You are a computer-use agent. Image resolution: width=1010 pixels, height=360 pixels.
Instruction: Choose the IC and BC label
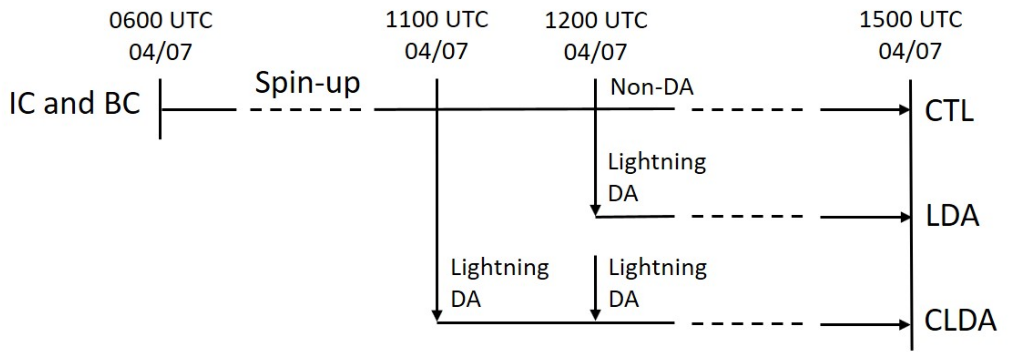click(x=75, y=103)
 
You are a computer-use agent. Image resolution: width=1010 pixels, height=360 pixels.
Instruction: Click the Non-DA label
click(x=652, y=87)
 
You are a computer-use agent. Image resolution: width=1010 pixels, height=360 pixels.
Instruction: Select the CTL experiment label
click(x=949, y=111)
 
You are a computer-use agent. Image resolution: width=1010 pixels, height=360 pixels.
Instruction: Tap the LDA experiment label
click(x=952, y=216)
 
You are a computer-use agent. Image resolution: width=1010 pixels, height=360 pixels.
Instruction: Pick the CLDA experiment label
click(x=960, y=321)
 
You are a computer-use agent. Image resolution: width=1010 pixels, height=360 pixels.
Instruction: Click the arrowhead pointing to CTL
click(x=905, y=109)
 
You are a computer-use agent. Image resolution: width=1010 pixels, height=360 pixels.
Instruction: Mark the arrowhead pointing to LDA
click(x=905, y=217)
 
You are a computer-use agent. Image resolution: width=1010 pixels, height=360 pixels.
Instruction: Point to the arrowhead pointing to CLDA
click(x=905, y=324)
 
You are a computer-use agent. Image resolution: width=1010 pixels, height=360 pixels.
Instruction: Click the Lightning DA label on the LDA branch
click(x=657, y=177)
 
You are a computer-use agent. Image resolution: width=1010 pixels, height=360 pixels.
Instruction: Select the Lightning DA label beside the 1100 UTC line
click(x=499, y=283)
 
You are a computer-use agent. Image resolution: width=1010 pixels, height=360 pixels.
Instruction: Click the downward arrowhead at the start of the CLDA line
click(x=437, y=316)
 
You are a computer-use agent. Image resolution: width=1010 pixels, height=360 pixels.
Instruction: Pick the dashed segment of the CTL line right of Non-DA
click(x=747, y=109)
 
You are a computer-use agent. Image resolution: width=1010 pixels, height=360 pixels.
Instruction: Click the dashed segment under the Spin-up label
click(x=306, y=109)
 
